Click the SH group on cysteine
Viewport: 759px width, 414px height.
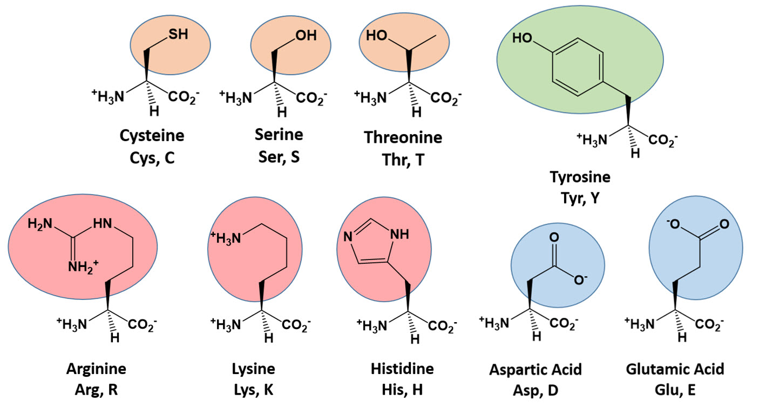click(x=178, y=34)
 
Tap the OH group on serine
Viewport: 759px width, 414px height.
click(x=306, y=35)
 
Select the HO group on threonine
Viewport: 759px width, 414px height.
click(x=376, y=35)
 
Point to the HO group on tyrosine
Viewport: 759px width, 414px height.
click(x=522, y=38)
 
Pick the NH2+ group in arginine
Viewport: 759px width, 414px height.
click(x=83, y=266)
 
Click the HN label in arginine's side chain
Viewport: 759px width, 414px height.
click(x=103, y=224)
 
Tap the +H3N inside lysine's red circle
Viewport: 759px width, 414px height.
click(x=226, y=238)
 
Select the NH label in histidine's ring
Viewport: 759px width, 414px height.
click(x=400, y=234)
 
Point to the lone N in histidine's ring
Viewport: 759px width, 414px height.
click(x=348, y=237)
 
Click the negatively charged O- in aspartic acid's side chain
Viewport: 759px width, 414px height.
click(x=580, y=279)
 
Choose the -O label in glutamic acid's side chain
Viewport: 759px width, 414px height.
click(x=674, y=224)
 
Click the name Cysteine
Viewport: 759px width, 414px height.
click(x=152, y=136)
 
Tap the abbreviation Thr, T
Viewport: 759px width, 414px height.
click(x=403, y=160)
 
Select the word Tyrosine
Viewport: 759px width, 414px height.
click(x=580, y=177)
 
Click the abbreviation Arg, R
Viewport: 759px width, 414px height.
click(x=96, y=390)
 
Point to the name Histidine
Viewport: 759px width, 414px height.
click(x=402, y=369)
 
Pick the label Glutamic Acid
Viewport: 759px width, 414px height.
click(x=675, y=369)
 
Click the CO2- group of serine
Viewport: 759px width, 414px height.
click(x=311, y=98)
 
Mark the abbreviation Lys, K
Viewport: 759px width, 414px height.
click(x=254, y=390)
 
